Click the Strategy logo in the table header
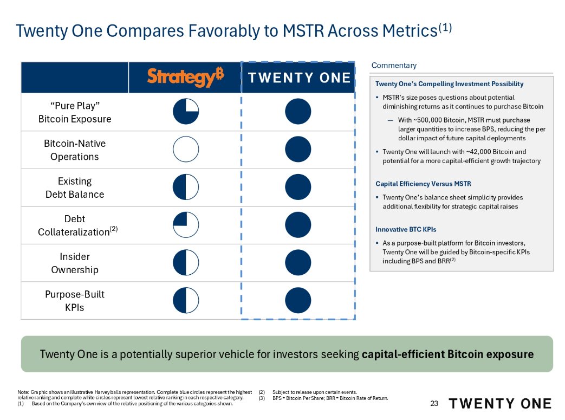tap(185, 77)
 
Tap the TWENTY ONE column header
tap(299, 77)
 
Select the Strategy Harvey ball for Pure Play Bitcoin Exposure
tap(186, 112)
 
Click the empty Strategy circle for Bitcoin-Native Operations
tap(186, 150)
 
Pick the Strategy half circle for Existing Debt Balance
tap(186, 188)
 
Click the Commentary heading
tap(394, 66)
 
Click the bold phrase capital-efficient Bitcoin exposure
tap(447, 354)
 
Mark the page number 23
tap(433, 403)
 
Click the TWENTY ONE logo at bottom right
tap(500, 403)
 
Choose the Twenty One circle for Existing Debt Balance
tap(298, 188)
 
